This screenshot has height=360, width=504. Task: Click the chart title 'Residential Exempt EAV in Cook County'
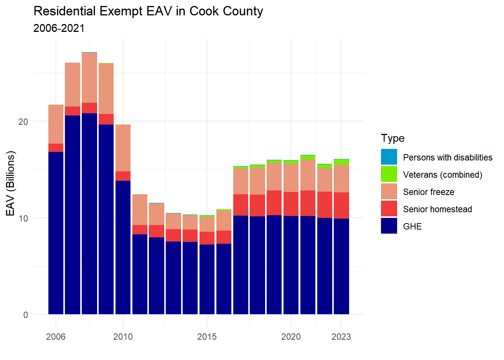tap(148, 11)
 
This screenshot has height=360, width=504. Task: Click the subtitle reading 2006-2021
tap(59, 28)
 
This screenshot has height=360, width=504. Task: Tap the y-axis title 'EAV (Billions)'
tap(11, 183)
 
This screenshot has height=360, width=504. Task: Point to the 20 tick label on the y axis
tap(23, 122)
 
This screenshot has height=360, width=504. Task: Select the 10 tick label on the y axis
tap(23, 218)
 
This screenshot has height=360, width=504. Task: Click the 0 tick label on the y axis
tap(25, 315)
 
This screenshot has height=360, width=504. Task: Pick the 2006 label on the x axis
tap(56, 337)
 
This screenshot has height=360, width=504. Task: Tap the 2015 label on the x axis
tap(207, 337)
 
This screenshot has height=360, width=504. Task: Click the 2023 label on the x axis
tap(341, 337)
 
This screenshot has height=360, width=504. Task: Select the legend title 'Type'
tap(393, 138)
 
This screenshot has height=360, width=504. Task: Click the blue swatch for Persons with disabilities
tap(389, 157)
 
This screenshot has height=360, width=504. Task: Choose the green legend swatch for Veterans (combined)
tap(389, 174)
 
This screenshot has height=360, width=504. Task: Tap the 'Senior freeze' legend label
tap(429, 192)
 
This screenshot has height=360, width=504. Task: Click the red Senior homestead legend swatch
tap(389, 209)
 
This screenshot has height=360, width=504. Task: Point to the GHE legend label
tap(412, 226)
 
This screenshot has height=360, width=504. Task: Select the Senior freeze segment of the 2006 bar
tap(56, 124)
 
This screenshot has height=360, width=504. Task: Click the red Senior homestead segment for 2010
tap(123, 176)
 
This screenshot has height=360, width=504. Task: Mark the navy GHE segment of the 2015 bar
tap(207, 279)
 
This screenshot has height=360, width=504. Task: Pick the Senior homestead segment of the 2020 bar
tap(291, 204)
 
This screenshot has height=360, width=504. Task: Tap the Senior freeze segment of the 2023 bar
tap(341, 178)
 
